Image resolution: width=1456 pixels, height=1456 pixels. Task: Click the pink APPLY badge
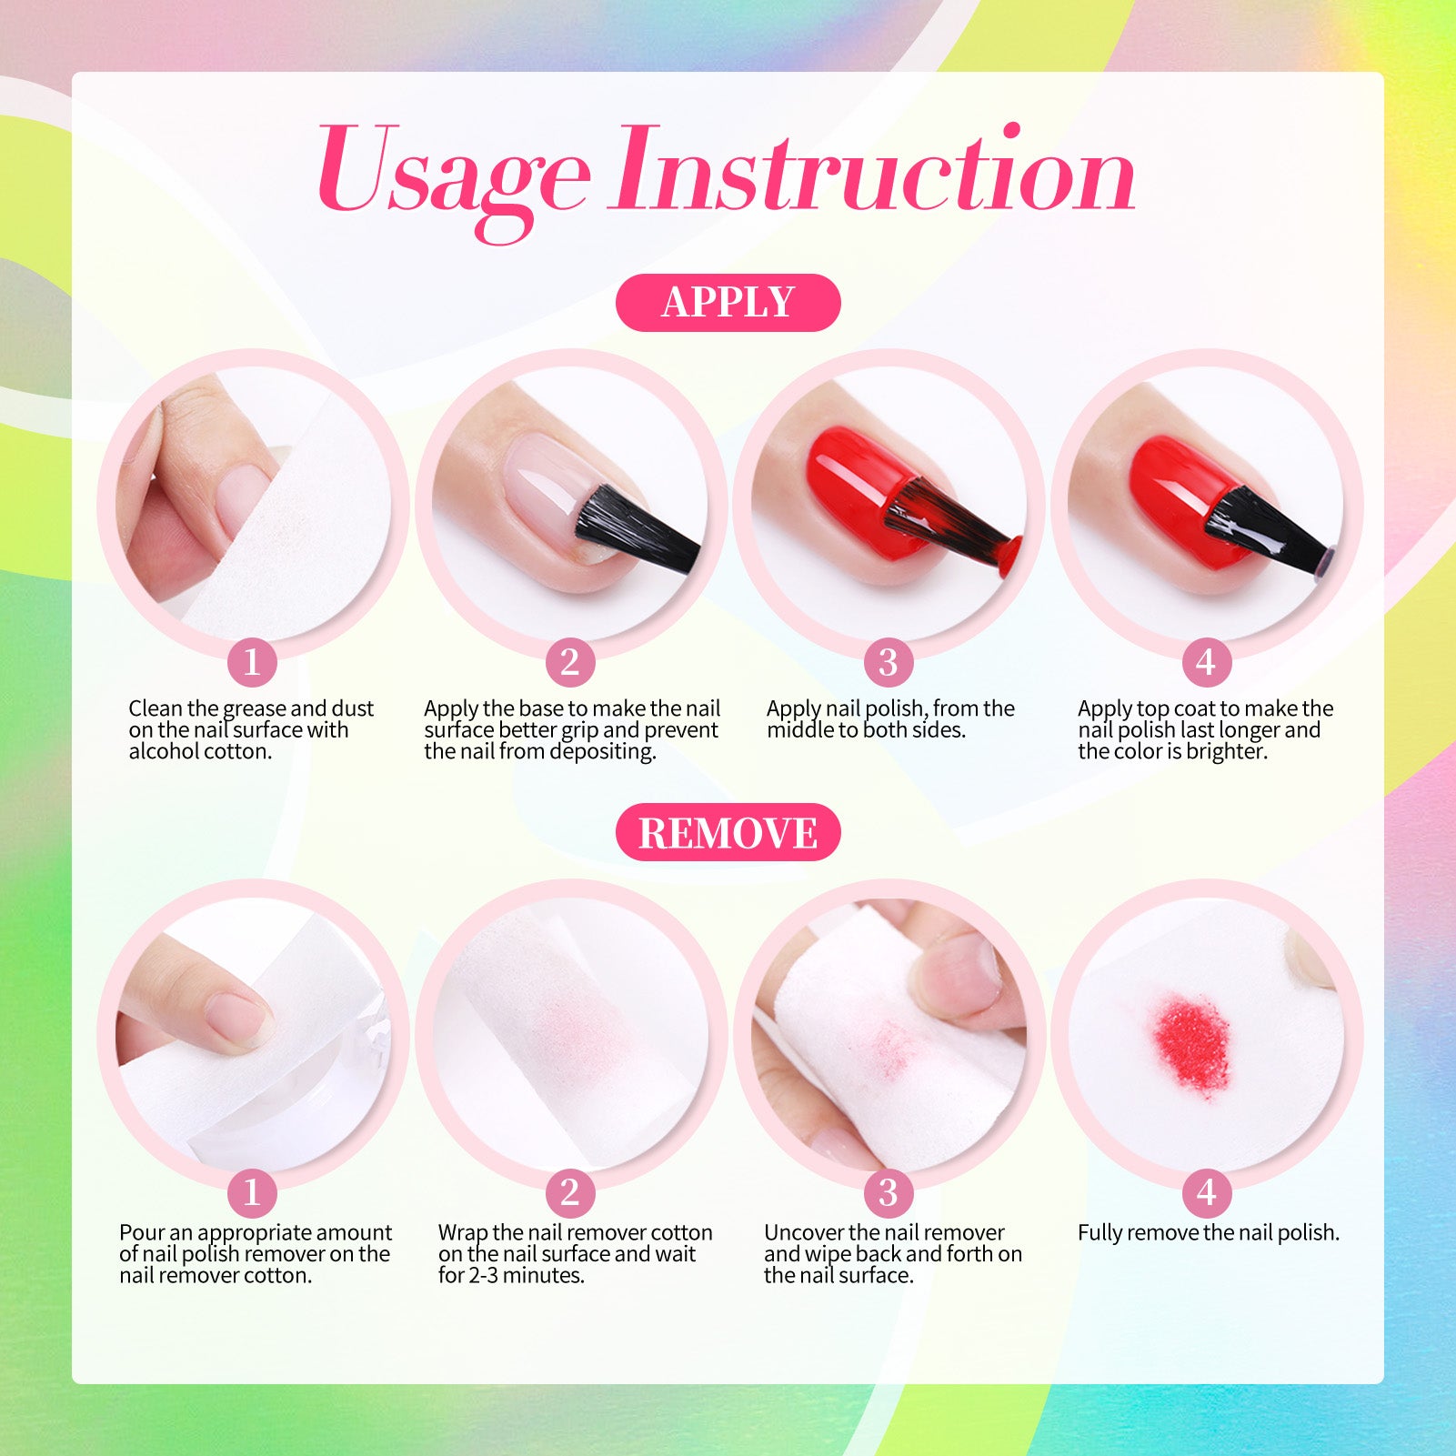pyautogui.click(x=728, y=302)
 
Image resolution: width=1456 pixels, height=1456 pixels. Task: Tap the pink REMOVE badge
pyautogui.click(x=728, y=832)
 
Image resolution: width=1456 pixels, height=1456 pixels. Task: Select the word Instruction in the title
pyautogui.click(x=874, y=169)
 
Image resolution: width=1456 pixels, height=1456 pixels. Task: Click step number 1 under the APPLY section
pyautogui.click(x=252, y=662)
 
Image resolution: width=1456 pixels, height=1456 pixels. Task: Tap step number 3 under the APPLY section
pyautogui.click(x=888, y=662)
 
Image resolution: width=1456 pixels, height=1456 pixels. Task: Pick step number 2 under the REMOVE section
pyautogui.click(x=570, y=1192)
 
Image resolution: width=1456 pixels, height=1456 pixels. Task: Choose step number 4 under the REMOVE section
pyautogui.click(x=1206, y=1192)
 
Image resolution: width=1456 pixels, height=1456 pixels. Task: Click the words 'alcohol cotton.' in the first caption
pyautogui.click(x=200, y=751)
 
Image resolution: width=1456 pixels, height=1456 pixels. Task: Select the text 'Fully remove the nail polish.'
pyautogui.click(x=1209, y=1233)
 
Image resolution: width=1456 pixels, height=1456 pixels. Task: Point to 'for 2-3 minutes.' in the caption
pyautogui.click(x=511, y=1275)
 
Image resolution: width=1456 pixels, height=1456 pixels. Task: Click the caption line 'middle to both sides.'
pyautogui.click(x=866, y=729)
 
